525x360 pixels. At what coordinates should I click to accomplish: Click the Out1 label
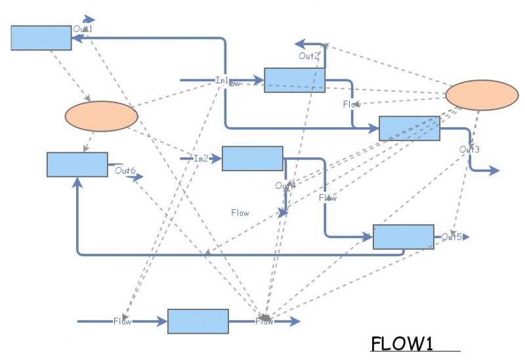(x=83, y=29)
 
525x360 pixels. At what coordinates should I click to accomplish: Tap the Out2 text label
(x=308, y=56)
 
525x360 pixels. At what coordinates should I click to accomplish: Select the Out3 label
(x=469, y=150)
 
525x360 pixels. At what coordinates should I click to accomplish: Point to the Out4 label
(x=285, y=186)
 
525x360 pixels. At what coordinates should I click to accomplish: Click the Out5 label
(x=451, y=237)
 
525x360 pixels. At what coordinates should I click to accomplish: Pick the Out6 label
(x=125, y=171)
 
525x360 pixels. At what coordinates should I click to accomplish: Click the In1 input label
(x=222, y=80)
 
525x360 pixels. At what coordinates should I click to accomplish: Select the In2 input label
(x=201, y=159)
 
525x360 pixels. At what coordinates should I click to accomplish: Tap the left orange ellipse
(x=101, y=116)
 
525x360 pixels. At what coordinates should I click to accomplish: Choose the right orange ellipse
(x=482, y=95)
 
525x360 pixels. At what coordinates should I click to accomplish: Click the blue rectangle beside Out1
(x=41, y=38)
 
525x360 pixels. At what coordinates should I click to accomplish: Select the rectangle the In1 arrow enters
(x=294, y=80)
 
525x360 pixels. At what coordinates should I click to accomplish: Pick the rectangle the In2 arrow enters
(x=252, y=159)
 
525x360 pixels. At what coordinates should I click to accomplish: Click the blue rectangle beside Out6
(x=77, y=165)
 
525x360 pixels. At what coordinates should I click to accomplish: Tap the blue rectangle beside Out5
(x=403, y=237)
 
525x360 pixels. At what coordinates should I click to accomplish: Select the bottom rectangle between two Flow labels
(x=198, y=321)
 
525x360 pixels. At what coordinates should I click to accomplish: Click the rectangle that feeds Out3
(x=409, y=129)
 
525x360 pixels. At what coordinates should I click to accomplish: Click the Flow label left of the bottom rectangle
(x=122, y=321)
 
